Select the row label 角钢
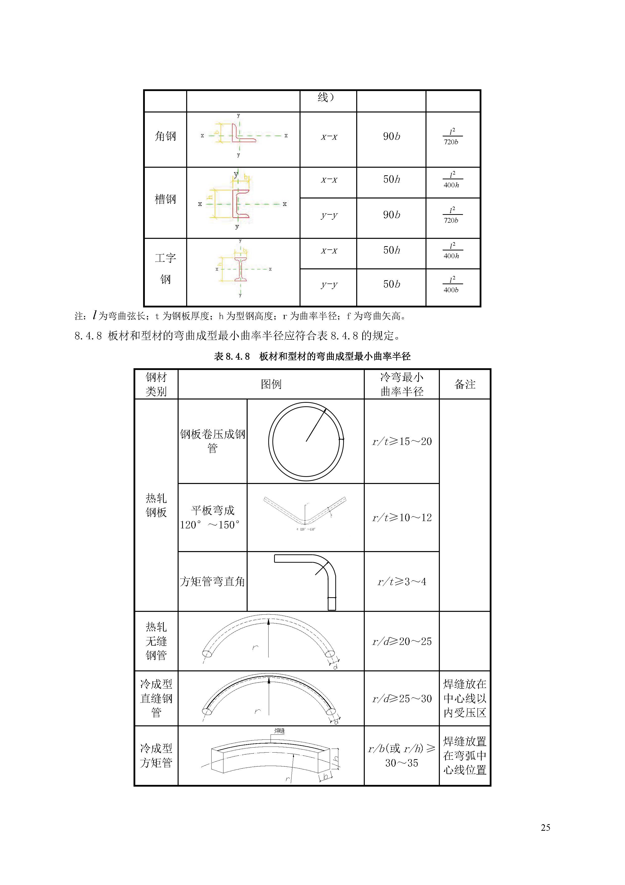165,136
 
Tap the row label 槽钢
165,199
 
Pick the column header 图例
271,384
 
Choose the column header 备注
465,384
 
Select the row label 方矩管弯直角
212,582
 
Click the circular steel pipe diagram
306,441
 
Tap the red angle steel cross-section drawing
243,134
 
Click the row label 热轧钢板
156,505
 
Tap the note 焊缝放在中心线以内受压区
465,698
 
